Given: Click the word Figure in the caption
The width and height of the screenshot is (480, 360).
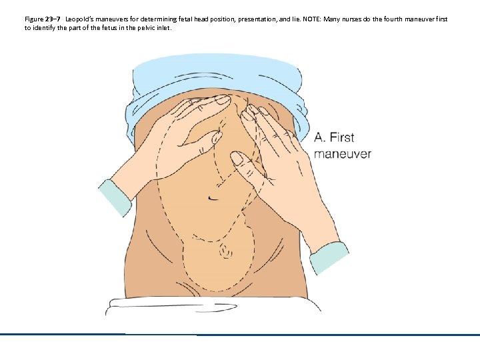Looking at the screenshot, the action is click(x=34, y=19).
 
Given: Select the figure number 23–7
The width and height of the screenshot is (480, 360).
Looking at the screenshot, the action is click(x=53, y=19).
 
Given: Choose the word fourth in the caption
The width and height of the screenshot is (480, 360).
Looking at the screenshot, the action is click(x=393, y=19).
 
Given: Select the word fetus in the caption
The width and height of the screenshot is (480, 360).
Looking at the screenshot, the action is click(x=109, y=28).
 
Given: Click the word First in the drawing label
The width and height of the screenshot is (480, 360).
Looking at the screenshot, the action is click(x=341, y=137).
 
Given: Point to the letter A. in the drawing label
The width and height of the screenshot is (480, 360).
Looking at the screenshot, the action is click(x=320, y=137).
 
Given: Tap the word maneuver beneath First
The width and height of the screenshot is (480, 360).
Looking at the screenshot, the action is click(x=343, y=154).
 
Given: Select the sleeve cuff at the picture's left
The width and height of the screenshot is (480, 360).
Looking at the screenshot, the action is click(x=115, y=197).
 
